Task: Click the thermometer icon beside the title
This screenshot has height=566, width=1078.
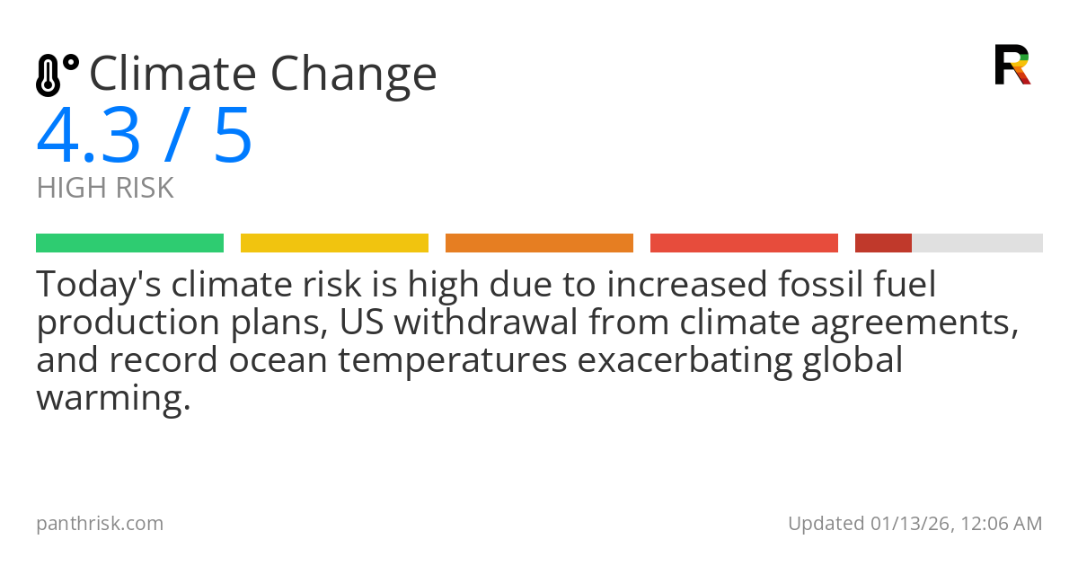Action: (x=56, y=75)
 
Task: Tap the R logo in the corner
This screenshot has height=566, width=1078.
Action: (x=1012, y=65)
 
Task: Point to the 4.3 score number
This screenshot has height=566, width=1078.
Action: (x=89, y=137)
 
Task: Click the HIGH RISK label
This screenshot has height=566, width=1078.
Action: (x=105, y=189)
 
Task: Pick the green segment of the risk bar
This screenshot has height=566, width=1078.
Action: (x=129, y=243)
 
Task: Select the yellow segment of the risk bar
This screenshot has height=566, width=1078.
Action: (x=334, y=243)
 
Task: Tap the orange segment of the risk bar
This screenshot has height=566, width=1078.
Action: (x=539, y=243)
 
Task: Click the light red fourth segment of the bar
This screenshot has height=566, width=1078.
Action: (x=744, y=243)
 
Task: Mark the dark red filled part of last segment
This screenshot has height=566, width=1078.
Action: (x=883, y=243)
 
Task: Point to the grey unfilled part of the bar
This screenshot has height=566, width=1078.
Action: (x=977, y=243)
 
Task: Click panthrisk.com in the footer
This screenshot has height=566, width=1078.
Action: (x=100, y=524)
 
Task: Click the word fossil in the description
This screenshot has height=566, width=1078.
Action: (x=821, y=286)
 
